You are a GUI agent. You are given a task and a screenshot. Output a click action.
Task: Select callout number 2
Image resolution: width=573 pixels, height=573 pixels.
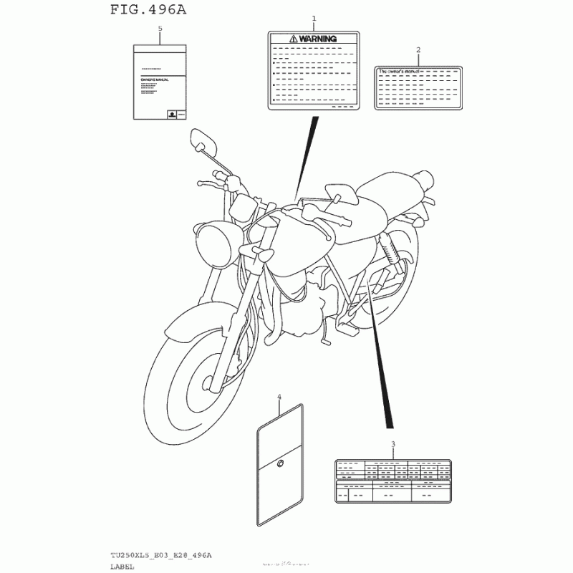pos(418,50)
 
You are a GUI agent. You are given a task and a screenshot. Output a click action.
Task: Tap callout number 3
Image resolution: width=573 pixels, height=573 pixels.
pos(393,445)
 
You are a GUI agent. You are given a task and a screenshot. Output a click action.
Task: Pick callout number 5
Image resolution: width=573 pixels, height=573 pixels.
pos(160,28)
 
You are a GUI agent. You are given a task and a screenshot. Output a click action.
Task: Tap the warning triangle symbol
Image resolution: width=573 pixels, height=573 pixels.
pos(293,38)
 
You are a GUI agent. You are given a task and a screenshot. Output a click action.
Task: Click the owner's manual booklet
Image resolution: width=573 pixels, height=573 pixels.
pos(160,82)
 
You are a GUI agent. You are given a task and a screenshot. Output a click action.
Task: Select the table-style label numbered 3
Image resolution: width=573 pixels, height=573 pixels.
pos(393,479)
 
